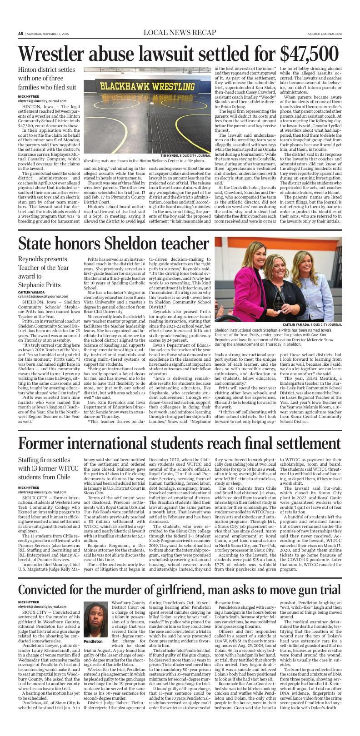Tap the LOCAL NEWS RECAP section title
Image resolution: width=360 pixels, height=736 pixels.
pos(180,33)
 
